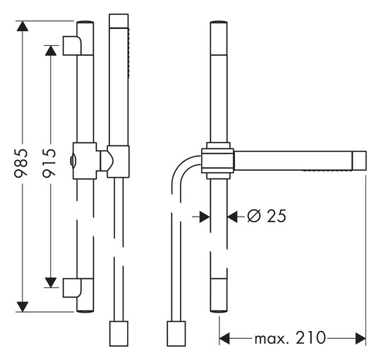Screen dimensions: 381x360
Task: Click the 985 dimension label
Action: point(21,163)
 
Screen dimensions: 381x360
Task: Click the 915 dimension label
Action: point(49,163)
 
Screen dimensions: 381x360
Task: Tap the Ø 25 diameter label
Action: point(267,216)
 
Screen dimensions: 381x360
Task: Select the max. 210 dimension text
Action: point(290,338)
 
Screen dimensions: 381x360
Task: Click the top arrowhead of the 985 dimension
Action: point(23,26)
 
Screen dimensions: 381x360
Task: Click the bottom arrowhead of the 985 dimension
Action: point(23,307)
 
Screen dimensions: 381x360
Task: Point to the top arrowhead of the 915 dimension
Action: point(51,51)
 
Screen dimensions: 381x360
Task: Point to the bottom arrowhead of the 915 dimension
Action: point(51,282)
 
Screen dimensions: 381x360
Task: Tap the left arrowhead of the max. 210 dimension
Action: point(224,338)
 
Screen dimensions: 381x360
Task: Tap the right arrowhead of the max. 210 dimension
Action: point(361,338)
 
